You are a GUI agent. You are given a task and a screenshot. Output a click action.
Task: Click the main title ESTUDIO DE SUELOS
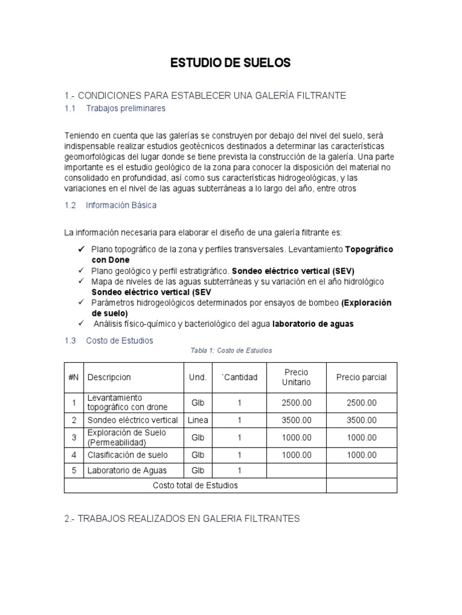coord(231,62)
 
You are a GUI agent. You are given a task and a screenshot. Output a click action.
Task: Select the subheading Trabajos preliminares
coord(125,109)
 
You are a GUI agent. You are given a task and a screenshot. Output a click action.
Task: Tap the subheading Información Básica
coord(121,205)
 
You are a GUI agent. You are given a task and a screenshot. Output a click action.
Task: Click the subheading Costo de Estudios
coord(119,341)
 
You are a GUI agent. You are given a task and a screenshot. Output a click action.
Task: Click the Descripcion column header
coord(109,377)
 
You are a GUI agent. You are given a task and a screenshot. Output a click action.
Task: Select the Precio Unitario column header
coord(296,377)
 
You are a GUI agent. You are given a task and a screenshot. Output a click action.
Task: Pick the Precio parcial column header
coord(361,377)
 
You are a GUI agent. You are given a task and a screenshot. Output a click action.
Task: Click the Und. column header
coord(198,377)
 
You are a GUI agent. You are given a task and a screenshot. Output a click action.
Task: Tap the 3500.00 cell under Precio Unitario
coord(296,420)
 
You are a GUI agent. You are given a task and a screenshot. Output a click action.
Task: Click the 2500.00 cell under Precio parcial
coord(361,402)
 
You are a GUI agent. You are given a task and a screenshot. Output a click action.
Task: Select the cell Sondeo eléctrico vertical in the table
coord(132,420)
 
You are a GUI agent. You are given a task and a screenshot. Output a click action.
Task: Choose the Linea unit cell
coord(198,420)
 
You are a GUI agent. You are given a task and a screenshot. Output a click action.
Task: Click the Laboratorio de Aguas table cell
coord(127,470)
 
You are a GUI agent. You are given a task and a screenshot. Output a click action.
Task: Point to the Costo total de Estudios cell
coord(196,485)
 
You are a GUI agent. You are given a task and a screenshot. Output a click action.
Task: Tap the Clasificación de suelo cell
coord(128,455)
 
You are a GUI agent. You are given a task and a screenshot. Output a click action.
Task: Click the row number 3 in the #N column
coord(74,437)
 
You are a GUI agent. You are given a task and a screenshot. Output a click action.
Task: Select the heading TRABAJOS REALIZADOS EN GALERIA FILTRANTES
coord(182,518)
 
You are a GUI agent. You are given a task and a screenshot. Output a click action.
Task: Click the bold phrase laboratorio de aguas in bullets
coord(313,324)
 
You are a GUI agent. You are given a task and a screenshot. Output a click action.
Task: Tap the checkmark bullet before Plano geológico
coord(81,271)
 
